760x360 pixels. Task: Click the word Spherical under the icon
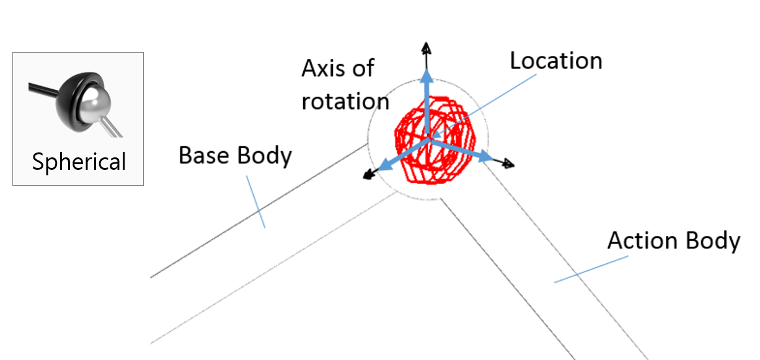79,162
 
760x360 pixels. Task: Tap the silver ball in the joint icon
95,99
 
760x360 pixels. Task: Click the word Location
556,61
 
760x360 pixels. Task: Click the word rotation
345,100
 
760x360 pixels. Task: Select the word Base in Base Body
201,155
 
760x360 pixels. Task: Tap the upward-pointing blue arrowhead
426,76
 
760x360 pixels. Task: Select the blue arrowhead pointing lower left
384,165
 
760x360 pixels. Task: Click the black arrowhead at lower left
369,175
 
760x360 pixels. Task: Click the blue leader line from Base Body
256,202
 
